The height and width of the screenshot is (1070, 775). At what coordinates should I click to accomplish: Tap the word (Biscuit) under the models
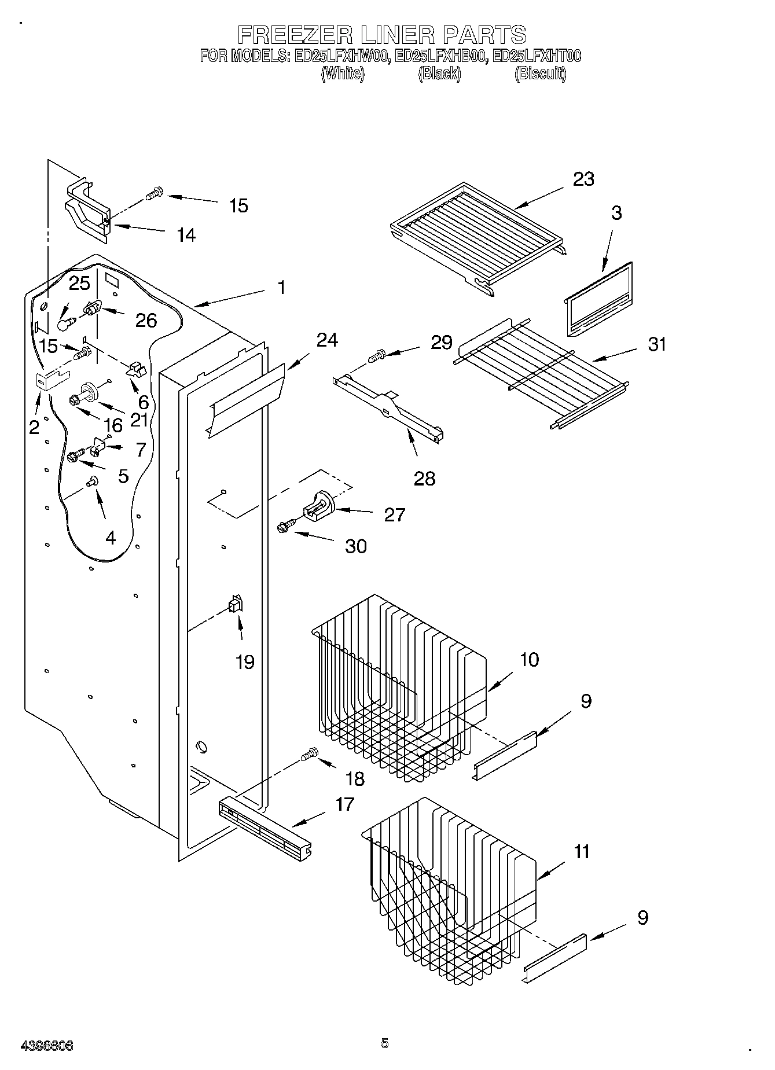pos(540,73)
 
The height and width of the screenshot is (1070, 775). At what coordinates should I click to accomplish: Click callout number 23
pos(583,179)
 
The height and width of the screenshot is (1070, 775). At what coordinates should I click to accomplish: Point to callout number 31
pos(657,344)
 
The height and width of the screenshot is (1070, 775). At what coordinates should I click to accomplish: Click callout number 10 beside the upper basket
pos(529,660)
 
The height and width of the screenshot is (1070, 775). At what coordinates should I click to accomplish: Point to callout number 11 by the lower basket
pos(581,852)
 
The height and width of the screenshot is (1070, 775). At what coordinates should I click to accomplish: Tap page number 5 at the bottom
pos(385,1043)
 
